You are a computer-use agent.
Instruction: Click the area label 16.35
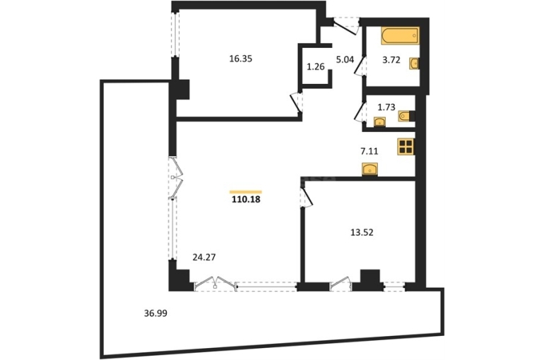(x=240, y=59)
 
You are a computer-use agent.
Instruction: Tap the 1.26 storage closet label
(x=316, y=66)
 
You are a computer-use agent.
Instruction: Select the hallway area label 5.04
(x=345, y=59)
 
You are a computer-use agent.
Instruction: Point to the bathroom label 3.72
(x=391, y=60)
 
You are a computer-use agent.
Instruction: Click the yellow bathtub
(x=400, y=36)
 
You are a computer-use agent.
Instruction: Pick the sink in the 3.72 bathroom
(x=414, y=64)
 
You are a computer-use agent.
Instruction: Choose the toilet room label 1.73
(x=386, y=107)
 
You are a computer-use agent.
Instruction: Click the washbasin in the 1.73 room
(x=380, y=122)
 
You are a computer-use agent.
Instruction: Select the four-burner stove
(x=406, y=146)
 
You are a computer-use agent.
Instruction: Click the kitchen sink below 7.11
(x=369, y=169)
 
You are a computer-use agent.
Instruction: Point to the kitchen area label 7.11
(x=369, y=151)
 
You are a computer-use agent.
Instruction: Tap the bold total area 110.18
(x=246, y=200)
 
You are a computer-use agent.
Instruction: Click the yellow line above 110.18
(x=246, y=191)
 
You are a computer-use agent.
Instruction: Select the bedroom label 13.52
(x=362, y=232)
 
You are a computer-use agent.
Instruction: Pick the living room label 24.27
(x=204, y=257)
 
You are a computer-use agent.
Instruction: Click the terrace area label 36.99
(x=155, y=313)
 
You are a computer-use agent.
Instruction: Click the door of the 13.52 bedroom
(x=307, y=197)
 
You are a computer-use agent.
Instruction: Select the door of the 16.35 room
(x=297, y=102)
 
